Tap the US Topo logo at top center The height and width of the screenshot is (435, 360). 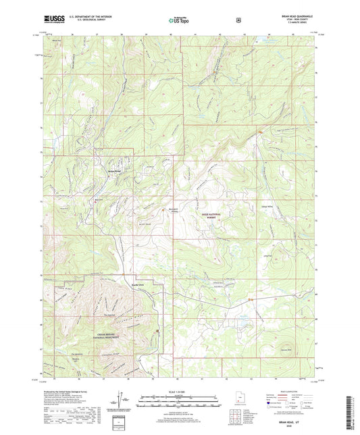click(x=179, y=20)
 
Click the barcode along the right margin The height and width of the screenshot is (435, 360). click(x=349, y=409)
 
